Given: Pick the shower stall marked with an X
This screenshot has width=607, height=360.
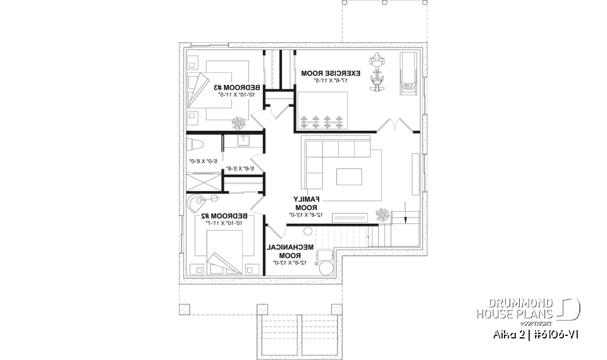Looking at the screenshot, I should coord(201,182).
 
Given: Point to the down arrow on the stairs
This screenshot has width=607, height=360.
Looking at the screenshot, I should coord(402,218).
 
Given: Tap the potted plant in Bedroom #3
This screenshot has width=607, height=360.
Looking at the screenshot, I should coord(239,122).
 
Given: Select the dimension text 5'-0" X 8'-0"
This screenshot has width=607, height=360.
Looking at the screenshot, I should coord(204,162).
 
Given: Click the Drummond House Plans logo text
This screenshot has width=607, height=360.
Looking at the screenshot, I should coord(513,308).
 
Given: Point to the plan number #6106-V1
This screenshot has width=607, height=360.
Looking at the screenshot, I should coord(555,333).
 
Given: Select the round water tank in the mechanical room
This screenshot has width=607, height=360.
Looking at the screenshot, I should coord(326,267).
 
